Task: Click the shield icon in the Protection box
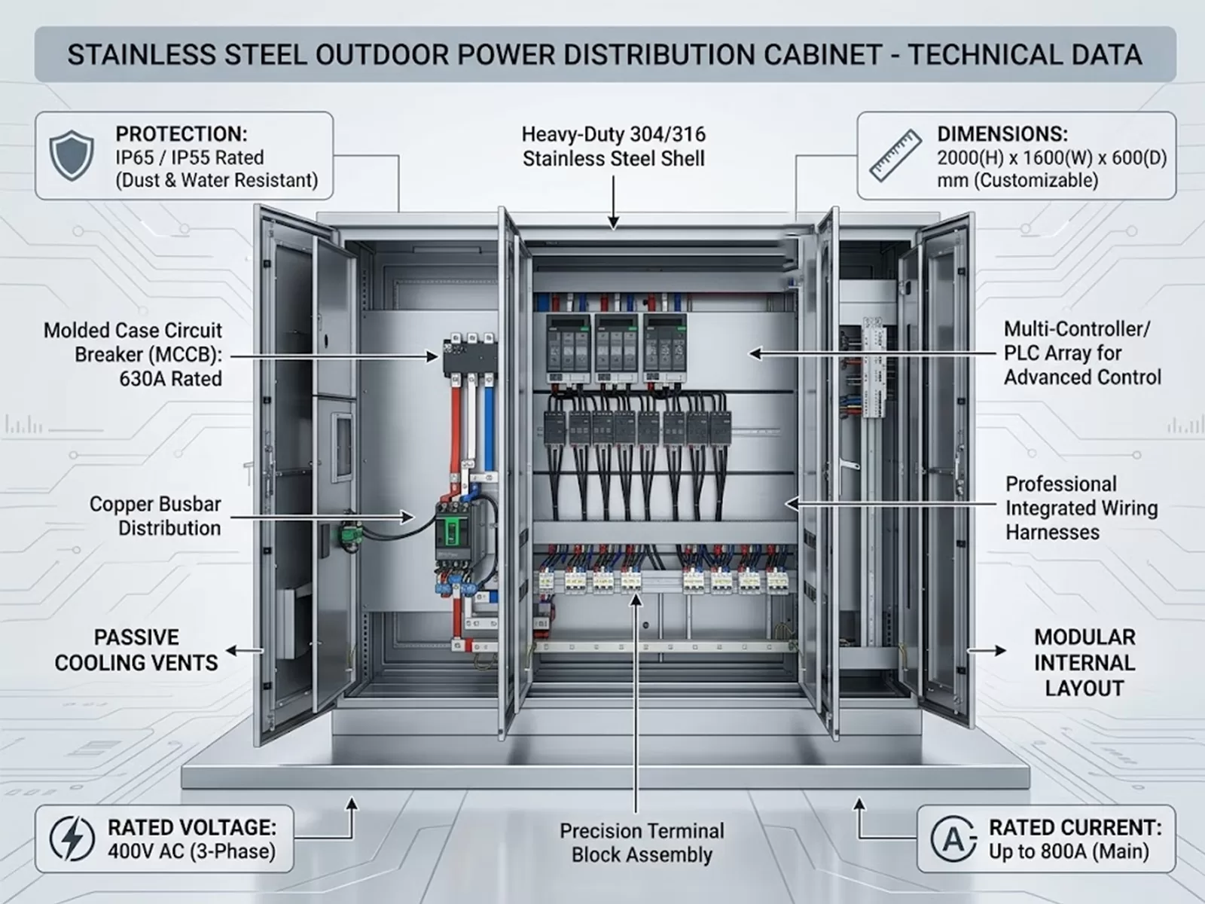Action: pyautogui.click(x=72, y=156)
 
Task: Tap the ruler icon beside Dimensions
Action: pyautogui.click(x=896, y=155)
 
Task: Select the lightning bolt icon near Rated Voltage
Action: pyautogui.click(x=72, y=838)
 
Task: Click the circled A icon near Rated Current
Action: pyautogui.click(x=954, y=838)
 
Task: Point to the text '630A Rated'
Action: pyautogui.click(x=171, y=379)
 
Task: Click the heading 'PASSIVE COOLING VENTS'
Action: pyautogui.click(x=136, y=650)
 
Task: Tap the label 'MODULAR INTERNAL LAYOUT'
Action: pyautogui.click(x=1084, y=662)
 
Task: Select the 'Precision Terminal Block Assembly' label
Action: pyautogui.click(x=642, y=842)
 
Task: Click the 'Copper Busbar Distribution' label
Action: pyautogui.click(x=155, y=516)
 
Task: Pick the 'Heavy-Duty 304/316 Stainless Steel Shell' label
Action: pyautogui.click(x=613, y=147)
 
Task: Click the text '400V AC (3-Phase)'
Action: pyautogui.click(x=191, y=851)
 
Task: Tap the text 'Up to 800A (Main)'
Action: pyautogui.click(x=1069, y=851)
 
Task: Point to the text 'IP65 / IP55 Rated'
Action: pyautogui.click(x=189, y=157)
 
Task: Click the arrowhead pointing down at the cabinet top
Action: pyautogui.click(x=613, y=222)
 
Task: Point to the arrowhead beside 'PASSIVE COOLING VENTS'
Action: pyautogui.click(x=232, y=650)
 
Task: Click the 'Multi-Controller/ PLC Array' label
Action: pyautogui.click(x=1077, y=341)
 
